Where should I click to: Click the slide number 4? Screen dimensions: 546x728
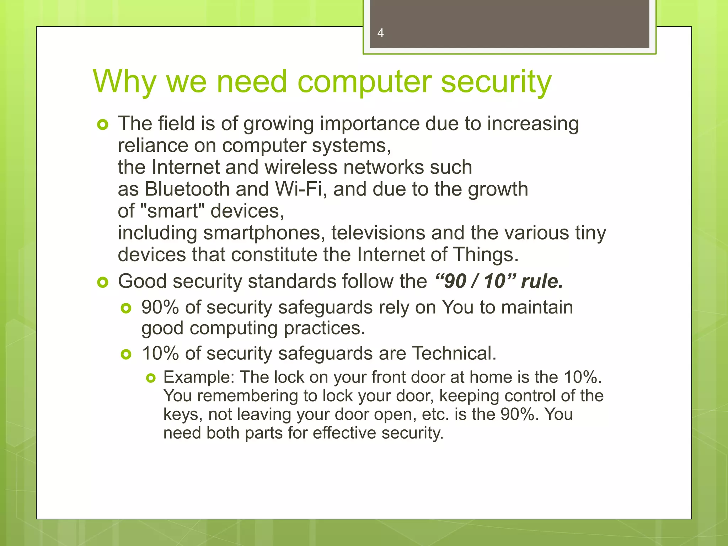[x=380, y=33]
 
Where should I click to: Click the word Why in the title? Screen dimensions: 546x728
[x=124, y=82]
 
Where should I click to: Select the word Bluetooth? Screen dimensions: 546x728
[x=187, y=189]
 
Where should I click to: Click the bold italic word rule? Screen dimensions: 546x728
[x=542, y=281]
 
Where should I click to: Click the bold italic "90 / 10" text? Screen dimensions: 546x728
[x=475, y=281]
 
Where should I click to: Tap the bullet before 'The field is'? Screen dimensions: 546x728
[x=102, y=125]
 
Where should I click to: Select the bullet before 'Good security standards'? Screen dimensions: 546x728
[x=102, y=283]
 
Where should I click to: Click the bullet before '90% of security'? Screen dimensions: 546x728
[x=126, y=308]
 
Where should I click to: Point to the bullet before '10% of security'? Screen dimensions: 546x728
[x=126, y=354]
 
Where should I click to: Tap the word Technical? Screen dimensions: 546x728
[x=454, y=353]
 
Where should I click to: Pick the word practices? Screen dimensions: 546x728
[x=324, y=328]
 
